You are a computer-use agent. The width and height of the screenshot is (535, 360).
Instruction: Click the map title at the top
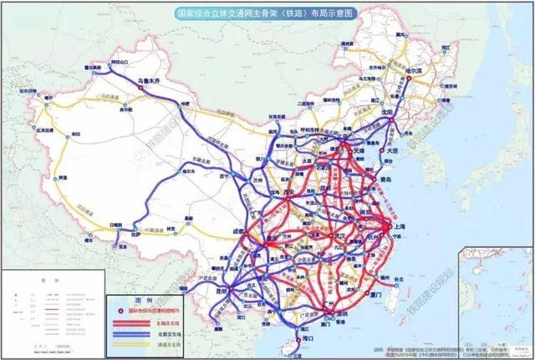coord(267,14)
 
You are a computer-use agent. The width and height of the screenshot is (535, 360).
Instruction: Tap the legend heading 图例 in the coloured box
coord(142,299)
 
